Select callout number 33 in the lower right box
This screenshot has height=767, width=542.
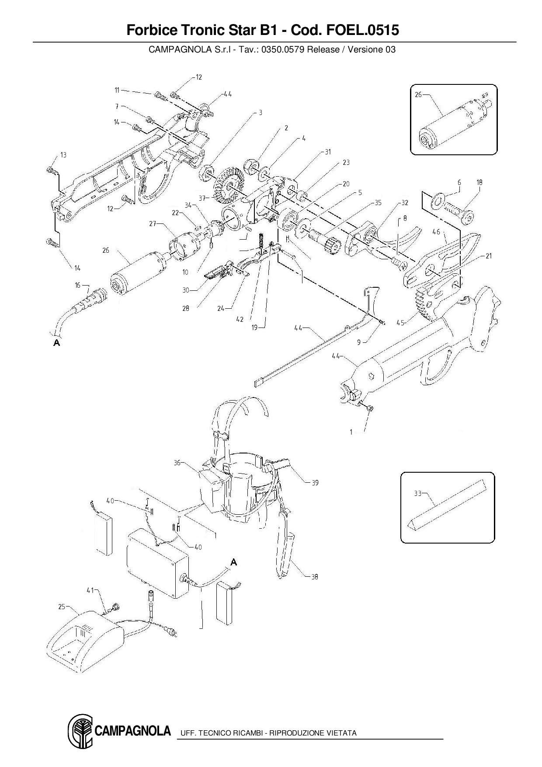417,493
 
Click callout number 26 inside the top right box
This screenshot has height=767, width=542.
418,94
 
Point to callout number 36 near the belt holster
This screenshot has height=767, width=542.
177,463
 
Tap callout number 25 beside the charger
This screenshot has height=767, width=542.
62,607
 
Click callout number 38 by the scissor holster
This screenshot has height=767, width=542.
315,577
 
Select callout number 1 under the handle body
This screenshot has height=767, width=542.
351,432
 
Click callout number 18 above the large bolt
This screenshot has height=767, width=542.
479,182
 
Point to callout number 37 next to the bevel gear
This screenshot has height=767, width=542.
202,198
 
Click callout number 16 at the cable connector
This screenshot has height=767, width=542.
78,285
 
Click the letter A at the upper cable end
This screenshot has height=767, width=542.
56,343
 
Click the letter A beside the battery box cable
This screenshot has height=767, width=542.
234,562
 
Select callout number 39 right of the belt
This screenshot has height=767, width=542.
315,483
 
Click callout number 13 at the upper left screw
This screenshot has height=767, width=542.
63,155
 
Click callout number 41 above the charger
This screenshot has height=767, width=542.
90,590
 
